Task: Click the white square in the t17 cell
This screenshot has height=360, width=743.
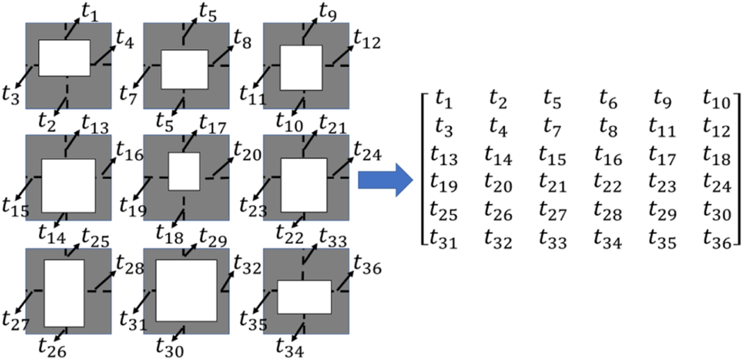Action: point(184,172)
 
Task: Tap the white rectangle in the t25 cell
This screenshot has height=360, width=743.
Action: point(64,293)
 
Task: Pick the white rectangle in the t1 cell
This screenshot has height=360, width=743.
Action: point(64,58)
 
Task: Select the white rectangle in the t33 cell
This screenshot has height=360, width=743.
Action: point(304,297)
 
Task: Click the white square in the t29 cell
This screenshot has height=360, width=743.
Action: point(186,290)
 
